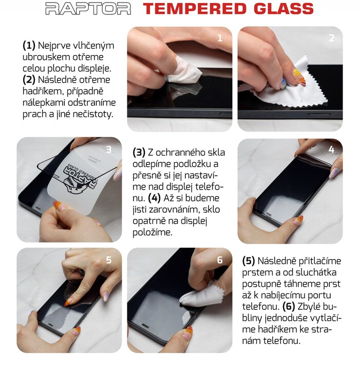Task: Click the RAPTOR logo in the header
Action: (88, 9)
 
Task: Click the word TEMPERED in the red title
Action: (195, 9)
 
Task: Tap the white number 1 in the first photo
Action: (220, 38)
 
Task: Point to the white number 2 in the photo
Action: (331, 38)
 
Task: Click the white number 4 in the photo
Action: (331, 149)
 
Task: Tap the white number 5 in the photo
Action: (109, 260)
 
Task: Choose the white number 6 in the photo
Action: (220, 260)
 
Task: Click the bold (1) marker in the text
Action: (29, 45)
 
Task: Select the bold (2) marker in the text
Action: (29, 80)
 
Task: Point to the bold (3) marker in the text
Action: (139, 153)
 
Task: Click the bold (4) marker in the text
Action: (154, 198)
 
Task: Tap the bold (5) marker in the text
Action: (249, 261)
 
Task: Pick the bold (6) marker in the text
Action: (289, 306)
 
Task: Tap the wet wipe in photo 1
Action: (184, 70)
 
